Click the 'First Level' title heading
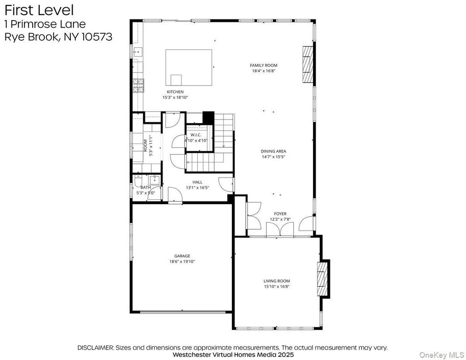click(39, 10)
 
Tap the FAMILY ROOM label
click(263, 65)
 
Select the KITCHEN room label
click(175, 92)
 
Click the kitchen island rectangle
click(189, 67)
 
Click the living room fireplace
click(322, 278)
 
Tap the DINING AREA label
click(273, 151)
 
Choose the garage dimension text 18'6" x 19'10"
click(182, 261)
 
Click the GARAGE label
click(182, 256)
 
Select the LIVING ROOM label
click(277, 281)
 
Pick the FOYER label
click(280, 214)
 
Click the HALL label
click(197, 182)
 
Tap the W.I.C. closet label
click(196, 135)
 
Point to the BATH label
click(146, 188)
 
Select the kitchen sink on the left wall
click(138, 52)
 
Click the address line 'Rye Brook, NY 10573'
click(58, 37)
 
